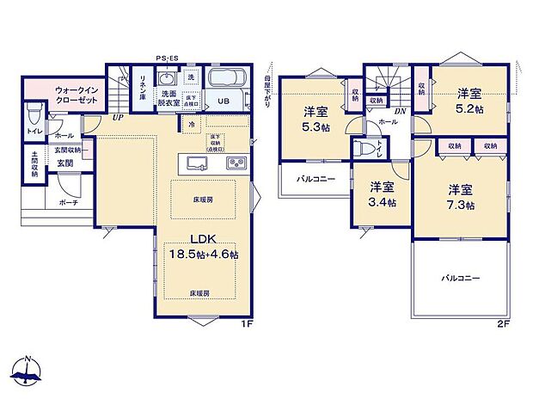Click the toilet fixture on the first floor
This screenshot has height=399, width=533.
[34, 114]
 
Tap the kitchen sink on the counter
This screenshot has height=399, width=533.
[193, 163]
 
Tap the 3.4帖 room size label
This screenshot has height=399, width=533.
[383, 194]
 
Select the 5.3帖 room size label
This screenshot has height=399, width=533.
[316, 118]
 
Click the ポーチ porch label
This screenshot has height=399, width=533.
[68, 202]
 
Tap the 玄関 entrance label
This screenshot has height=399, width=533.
[65, 163]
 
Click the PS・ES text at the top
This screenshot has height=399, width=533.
[168, 58]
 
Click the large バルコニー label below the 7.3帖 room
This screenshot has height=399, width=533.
[461, 278]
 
